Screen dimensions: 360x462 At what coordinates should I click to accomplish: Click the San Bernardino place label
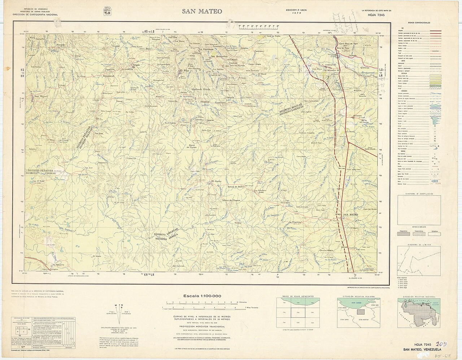pos(220,57)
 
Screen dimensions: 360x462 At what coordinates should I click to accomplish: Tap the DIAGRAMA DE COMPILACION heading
pos(419,194)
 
